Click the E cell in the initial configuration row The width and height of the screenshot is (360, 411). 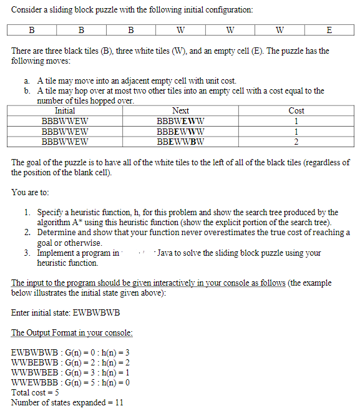[329, 30]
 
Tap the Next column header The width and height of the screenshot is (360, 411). [180, 110]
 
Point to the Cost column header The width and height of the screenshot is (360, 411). [296, 110]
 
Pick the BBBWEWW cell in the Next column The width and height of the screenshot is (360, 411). [180, 121]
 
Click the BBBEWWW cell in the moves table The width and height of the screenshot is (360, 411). [180, 132]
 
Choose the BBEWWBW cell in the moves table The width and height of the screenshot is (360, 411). [180, 142]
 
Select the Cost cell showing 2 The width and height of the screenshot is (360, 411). [296, 142]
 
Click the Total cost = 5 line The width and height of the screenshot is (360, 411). [35, 392]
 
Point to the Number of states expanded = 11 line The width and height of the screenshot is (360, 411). [67, 402]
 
